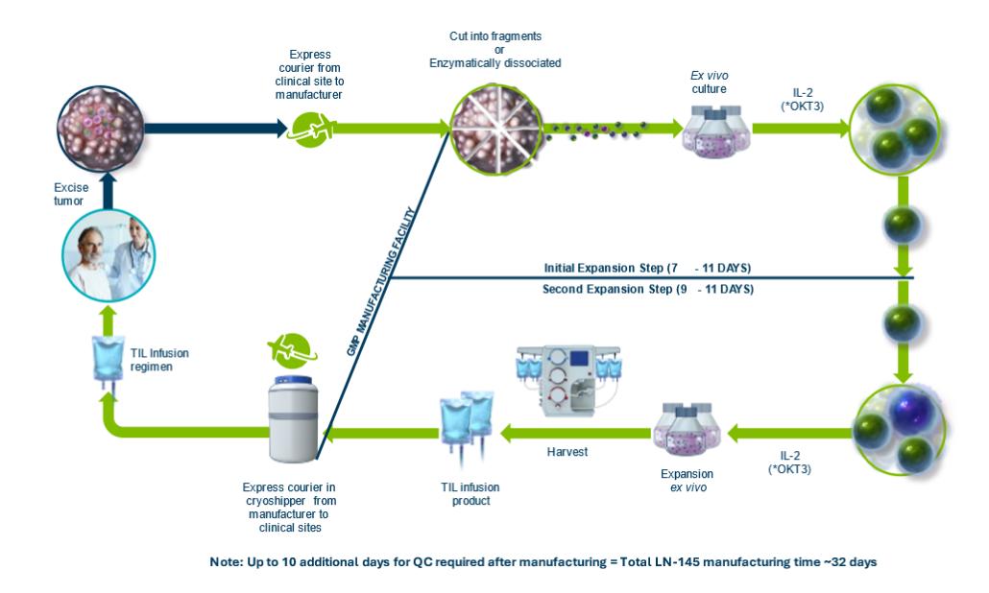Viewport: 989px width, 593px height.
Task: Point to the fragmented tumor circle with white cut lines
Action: (496, 126)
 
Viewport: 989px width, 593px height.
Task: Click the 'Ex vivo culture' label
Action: (710, 84)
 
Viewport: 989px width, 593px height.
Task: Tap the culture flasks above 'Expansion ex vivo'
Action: (686, 427)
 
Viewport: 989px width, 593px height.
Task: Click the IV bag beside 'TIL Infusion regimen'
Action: (102, 364)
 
